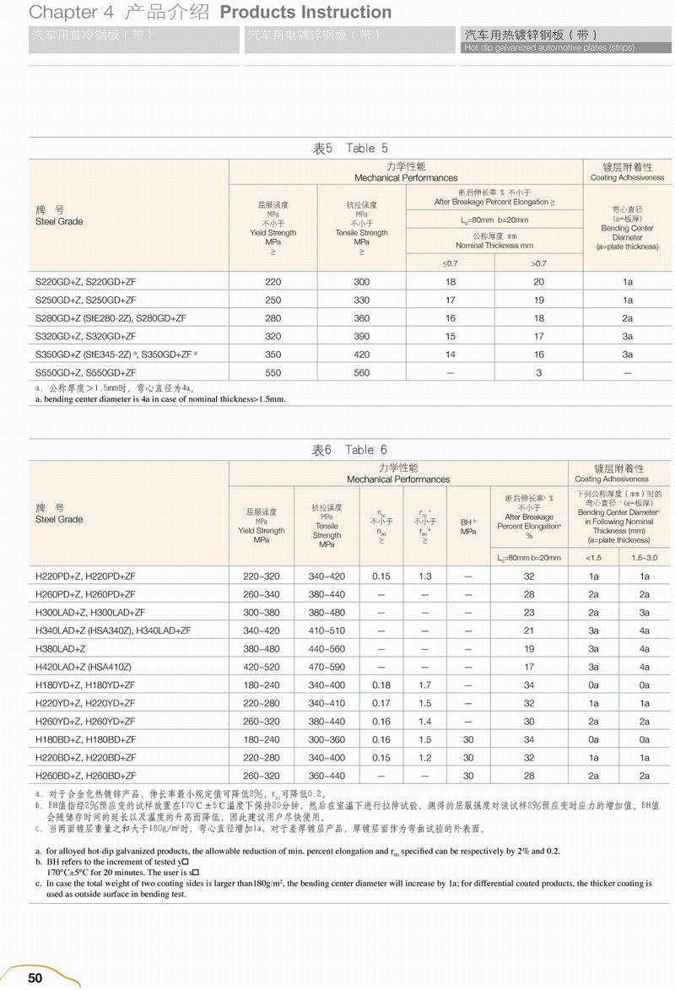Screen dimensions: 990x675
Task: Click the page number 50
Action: [35, 977]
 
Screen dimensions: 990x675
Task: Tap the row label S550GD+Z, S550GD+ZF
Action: [86, 372]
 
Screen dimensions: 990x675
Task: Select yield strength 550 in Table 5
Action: [273, 372]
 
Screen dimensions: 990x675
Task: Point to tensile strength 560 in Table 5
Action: [361, 372]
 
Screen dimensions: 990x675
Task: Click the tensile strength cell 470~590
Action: [327, 667]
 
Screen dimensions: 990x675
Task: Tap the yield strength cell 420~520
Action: [261, 667]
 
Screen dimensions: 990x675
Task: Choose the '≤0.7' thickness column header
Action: [451, 264]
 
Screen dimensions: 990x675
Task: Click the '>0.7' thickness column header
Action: [538, 264]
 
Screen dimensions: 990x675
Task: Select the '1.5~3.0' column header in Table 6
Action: [645, 557]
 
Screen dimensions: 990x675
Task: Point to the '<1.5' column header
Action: [594, 557]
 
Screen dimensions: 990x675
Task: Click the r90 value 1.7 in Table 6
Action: [424, 684]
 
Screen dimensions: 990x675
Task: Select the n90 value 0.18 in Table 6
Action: [381, 684]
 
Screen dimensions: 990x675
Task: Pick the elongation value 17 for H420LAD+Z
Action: [529, 667]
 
